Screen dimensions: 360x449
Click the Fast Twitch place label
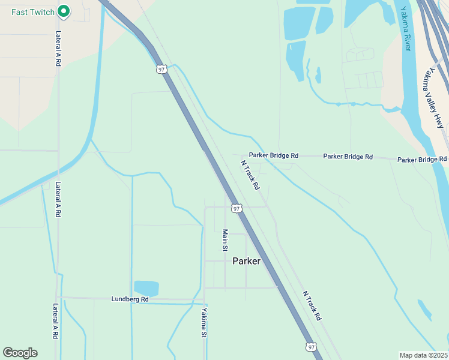(33, 11)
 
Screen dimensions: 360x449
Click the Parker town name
(246, 261)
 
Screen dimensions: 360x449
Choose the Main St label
(225, 239)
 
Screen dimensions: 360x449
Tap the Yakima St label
(204, 323)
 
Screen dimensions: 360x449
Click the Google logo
(20, 353)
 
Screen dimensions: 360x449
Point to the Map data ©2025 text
(423, 355)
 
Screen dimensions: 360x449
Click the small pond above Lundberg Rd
(146, 289)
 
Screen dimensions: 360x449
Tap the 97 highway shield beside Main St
(237, 209)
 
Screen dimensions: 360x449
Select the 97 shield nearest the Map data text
(310, 347)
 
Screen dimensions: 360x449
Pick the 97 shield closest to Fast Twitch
(161, 69)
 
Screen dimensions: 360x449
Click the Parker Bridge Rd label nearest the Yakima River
(422, 160)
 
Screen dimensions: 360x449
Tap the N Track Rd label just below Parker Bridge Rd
(250, 175)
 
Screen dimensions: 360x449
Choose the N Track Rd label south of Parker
(312, 306)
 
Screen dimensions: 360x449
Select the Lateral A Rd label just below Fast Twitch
(58, 49)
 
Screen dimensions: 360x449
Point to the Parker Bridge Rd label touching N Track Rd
(274, 155)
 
